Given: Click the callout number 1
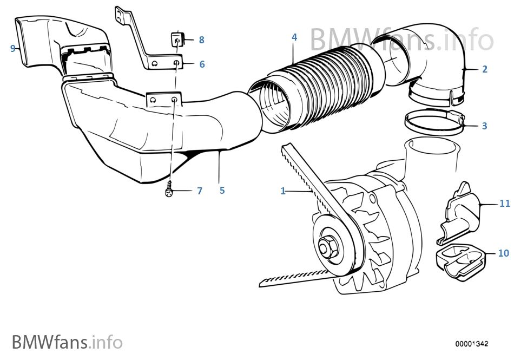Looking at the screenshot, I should click(282, 191).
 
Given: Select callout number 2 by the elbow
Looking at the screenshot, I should click(484, 69).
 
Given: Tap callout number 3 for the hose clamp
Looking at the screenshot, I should click(484, 126).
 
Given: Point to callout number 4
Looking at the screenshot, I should click(294, 37).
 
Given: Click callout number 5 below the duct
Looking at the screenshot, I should click(222, 191).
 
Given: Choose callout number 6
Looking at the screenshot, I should click(202, 64).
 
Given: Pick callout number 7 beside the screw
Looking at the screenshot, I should click(199, 191).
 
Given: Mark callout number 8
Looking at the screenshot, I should click(201, 40).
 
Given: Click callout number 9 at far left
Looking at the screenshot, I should click(12, 48).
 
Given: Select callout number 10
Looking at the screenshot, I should click(503, 253).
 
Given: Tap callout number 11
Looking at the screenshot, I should click(504, 204).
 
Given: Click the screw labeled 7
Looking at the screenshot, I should click(170, 191).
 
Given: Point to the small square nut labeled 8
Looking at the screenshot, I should click(176, 38).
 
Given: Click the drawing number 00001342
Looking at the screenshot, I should click(472, 344).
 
